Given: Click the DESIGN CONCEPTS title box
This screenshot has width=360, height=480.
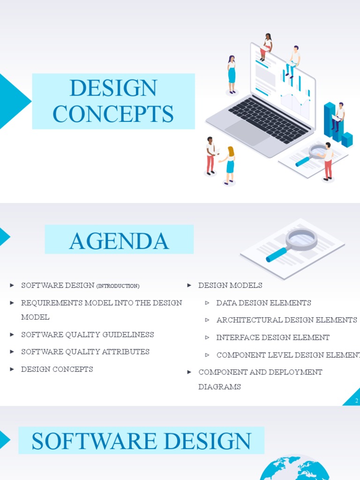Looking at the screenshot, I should pos(113,101).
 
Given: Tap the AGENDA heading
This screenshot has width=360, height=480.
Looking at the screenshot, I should pos(119,240).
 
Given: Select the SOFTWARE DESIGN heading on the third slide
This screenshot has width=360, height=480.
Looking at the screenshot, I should pos(141,441).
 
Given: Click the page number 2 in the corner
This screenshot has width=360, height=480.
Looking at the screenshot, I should pos(357,400).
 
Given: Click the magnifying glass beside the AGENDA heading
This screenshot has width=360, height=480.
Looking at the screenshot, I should pos(293,244).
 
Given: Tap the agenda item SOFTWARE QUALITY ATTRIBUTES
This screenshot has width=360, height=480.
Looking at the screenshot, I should pos(85,352).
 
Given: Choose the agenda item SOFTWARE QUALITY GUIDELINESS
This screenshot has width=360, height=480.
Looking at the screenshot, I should pos(87,335).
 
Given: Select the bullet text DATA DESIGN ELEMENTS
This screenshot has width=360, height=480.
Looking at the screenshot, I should pos(263,303).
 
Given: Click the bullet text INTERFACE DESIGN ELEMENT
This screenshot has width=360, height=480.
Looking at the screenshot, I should pos(273,337).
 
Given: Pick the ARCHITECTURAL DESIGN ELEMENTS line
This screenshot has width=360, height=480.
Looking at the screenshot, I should pos(286,320).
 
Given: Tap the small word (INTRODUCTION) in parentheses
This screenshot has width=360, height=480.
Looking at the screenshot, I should pos(118,286).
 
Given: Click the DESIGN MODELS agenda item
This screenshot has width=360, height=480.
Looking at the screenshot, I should pos(230,285).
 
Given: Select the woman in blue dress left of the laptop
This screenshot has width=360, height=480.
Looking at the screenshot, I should pos(231,74).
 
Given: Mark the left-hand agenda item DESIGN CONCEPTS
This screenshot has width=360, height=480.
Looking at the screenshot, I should pos(57,369).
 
